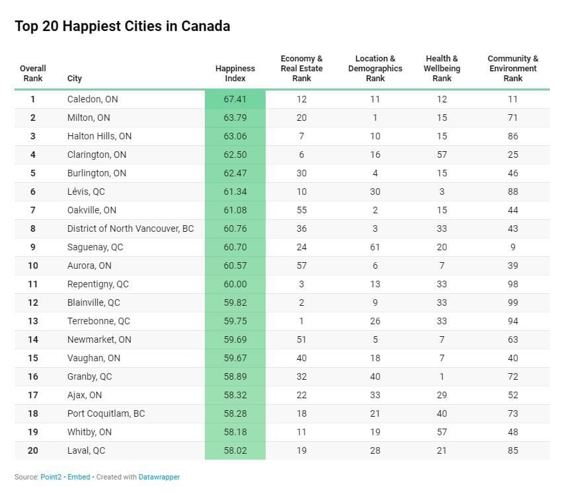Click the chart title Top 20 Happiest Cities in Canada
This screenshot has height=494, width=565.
point(122,26)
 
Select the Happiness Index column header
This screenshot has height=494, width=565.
point(235,73)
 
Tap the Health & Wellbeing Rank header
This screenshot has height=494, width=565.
point(442,69)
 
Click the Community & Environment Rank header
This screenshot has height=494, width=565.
point(513,69)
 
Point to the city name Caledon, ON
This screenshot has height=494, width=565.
point(93,99)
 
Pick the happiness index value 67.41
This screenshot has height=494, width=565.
point(235,99)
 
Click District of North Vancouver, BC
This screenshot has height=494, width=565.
point(130,229)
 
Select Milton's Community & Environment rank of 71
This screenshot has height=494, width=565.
point(513,118)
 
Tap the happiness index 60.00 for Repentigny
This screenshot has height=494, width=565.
point(235,284)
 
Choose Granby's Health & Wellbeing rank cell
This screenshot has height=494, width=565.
point(442,376)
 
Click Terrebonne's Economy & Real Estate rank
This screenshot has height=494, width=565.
point(301,321)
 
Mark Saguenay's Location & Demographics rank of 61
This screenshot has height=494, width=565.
point(375,248)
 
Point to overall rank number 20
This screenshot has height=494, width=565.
point(33,450)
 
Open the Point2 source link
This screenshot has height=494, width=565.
point(51,477)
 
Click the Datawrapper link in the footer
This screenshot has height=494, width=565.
point(159,477)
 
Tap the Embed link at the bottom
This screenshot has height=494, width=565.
point(79,477)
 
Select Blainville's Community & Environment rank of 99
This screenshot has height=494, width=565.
point(513,303)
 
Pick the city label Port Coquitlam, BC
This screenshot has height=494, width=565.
point(106,413)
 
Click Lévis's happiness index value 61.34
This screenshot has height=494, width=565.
point(235,192)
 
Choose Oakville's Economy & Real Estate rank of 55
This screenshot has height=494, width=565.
point(301,210)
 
